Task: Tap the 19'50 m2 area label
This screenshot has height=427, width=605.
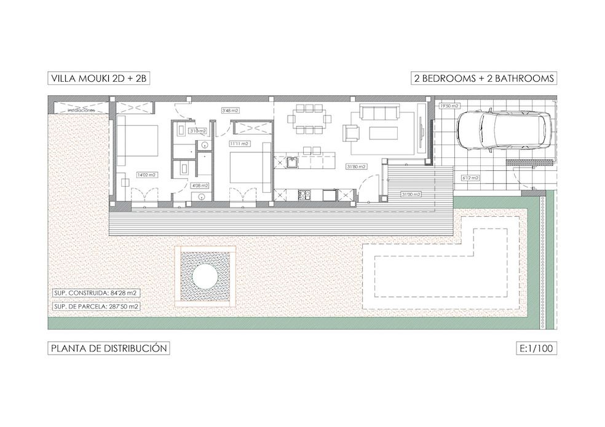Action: (x=449, y=106)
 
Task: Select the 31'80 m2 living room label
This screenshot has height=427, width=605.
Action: (x=357, y=166)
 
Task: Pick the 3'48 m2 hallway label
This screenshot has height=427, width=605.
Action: (x=230, y=111)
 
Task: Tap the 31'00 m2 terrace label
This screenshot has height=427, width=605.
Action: (x=411, y=194)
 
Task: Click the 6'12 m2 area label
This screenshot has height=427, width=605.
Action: (x=470, y=178)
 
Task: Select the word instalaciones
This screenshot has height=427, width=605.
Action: (x=81, y=110)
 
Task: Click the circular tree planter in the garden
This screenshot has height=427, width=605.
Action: (x=205, y=276)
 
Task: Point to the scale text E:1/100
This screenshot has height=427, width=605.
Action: (x=536, y=348)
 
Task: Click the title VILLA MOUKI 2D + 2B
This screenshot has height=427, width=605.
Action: (x=98, y=78)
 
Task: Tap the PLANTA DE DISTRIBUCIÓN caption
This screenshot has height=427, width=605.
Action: (x=109, y=348)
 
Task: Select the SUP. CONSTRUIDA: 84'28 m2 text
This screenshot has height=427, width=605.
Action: (x=95, y=294)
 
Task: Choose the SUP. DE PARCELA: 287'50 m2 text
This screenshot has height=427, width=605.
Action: (x=95, y=305)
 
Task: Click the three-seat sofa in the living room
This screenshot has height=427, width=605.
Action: (x=379, y=112)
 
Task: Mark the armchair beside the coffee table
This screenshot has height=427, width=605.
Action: (x=352, y=133)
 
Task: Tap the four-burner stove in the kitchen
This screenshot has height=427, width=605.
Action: (x=304, y=196)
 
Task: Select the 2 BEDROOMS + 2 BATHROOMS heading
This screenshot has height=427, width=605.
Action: (x=484, y=78)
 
